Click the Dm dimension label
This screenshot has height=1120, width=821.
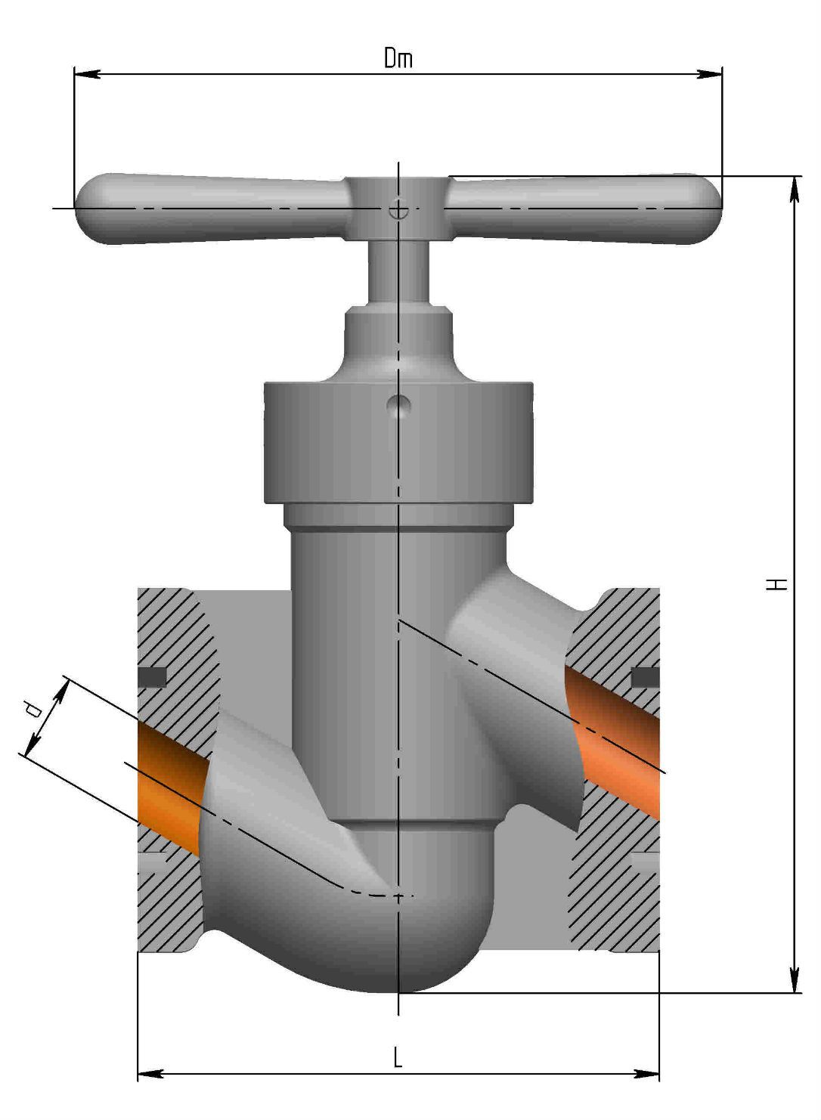pos(398,58)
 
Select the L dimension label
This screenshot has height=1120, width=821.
pos(398,1057)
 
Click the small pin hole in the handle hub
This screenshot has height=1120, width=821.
pos(398,210)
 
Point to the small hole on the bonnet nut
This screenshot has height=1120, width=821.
pos(398,406)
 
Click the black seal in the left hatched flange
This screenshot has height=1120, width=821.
pos(153,677)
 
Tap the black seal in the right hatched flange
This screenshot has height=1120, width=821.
pos(644,678)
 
